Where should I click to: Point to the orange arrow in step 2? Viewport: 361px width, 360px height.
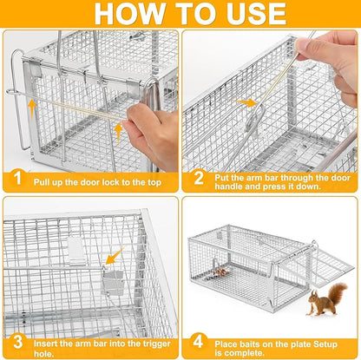[250, 102]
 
